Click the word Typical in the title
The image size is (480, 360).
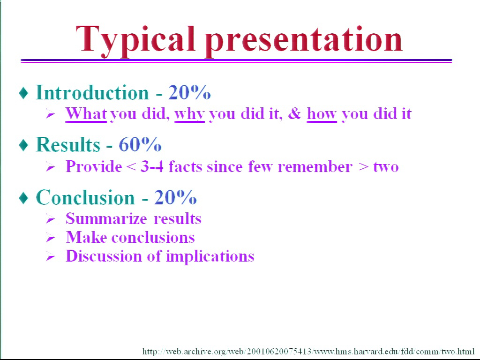(135, 40)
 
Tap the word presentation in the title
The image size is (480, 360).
(304, 40)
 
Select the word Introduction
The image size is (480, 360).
(92, 92)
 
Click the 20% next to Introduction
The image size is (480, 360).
(189, 92)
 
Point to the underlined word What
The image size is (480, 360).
(86, 114)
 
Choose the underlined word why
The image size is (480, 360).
(189, 114)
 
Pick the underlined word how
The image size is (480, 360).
(322, 114)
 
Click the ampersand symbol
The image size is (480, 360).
(294, 113)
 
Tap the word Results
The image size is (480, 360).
(68, 144)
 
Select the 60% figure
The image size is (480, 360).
(140, 144)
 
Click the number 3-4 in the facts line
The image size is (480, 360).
(152, 166)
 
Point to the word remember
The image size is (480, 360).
(315, 166)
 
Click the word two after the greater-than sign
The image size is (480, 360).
(386, 167)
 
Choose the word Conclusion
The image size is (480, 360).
(85, 197)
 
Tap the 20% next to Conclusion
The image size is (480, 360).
(175, 197)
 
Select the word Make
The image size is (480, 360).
(86, 237)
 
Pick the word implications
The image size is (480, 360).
(210, 256)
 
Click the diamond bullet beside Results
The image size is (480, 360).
(23, 145)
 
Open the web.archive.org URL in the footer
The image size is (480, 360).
(308, 351)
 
